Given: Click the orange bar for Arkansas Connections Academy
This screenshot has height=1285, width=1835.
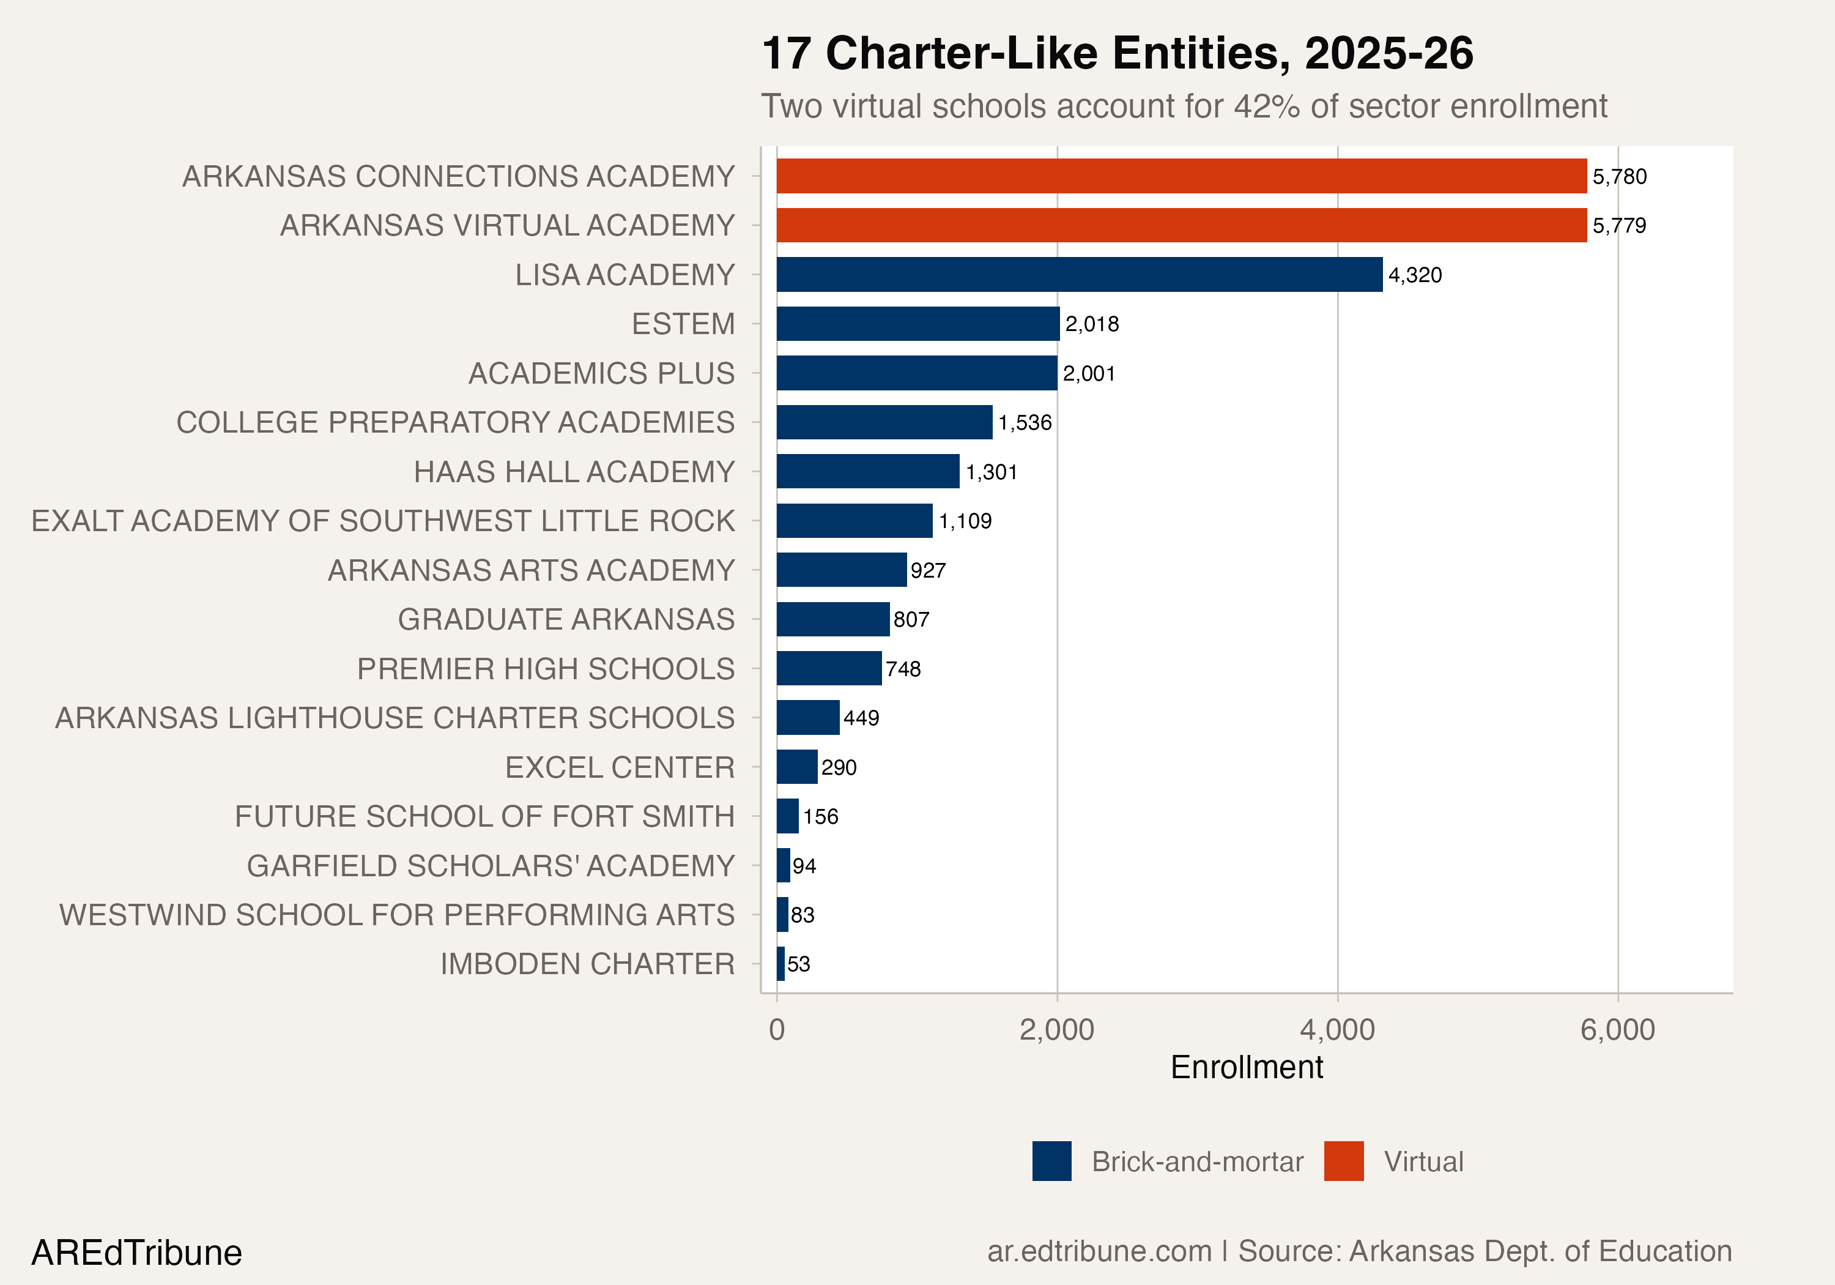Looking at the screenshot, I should click(x=1181, y=176).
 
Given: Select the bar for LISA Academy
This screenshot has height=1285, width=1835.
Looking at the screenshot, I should click(x=1079, y=274).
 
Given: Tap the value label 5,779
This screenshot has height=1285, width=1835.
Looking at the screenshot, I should click(x=1618, y=226).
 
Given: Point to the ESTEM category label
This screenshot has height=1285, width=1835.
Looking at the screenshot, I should click(x=683, y=324).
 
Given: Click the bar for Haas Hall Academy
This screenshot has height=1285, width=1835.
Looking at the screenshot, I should click(x=867, y=471).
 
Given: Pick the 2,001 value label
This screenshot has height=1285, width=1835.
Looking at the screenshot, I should click(x=1089, y=373).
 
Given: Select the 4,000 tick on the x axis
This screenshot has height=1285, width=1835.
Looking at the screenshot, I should click(x=1336, y=1030).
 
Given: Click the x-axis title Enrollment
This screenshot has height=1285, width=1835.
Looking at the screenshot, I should click(x=1246, y=1068).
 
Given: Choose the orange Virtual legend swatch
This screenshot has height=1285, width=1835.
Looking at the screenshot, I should click(x=1343, y=1161).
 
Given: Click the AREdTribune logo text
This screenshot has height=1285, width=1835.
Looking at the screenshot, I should click(x=136, y=1252).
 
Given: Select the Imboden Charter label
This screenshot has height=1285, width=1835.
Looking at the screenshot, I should click(x=587, y=964).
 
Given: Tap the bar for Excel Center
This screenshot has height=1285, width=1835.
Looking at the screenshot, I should click(x=797, y=767).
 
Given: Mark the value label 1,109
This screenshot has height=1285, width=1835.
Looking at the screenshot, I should click(x=965, y=521).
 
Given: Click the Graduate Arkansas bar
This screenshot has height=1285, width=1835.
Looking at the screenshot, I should click(x=832, y=619).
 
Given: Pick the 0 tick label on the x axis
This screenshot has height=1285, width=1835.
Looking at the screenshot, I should click(x=776, y=1030).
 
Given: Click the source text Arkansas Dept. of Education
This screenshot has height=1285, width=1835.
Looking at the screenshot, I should click(x=1540, y=1251).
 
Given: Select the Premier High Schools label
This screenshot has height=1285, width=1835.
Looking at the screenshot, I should click(x=545, y=668).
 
